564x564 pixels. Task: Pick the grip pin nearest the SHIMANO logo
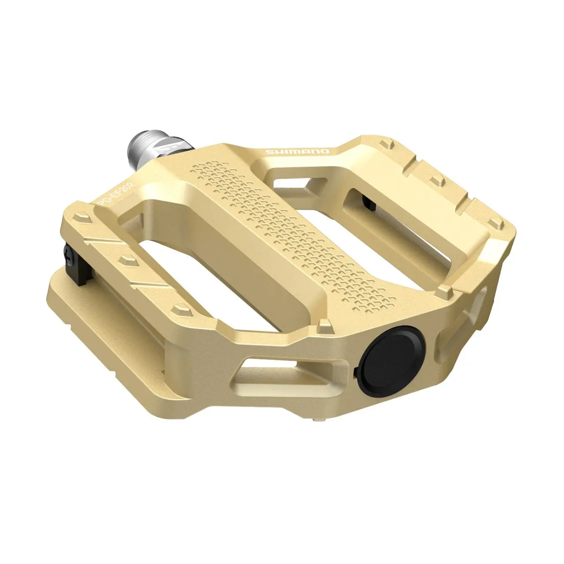click(x=388, y=143)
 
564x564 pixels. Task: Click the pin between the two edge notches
click(x=438, y=179)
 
